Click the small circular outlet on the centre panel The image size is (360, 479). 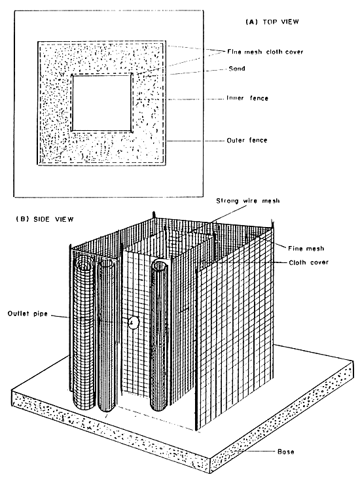133,322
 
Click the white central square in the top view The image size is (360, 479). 102,103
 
